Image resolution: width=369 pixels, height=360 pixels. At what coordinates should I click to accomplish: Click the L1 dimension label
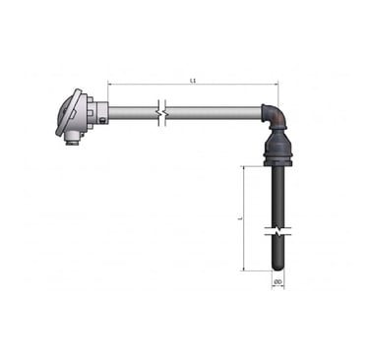193,80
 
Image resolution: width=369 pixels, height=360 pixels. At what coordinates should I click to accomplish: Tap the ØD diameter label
278,282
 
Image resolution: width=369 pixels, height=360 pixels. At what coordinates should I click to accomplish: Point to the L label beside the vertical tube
240,217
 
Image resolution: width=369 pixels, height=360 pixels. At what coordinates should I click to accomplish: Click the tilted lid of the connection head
68,112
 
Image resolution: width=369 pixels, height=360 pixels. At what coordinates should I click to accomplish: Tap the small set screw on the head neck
103,121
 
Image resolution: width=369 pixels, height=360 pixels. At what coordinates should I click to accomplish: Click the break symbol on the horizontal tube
161,113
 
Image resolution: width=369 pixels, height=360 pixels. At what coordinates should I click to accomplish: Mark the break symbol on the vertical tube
277,231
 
